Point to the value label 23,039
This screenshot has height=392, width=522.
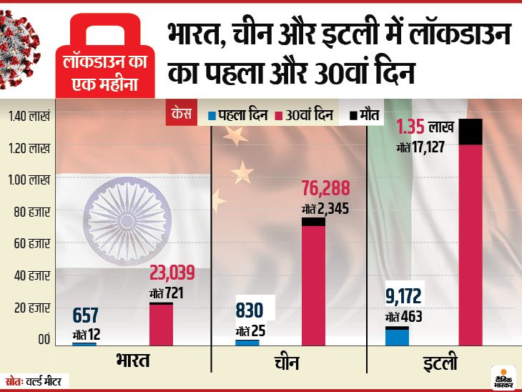[x=172, y=273]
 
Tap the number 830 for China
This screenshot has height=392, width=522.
[x=250, y=311]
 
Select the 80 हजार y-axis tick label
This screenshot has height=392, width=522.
[x=29, y=212]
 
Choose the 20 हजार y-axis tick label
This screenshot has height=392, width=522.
[x=29, y=308]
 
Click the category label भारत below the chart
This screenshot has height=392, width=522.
[x=133, y=361]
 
